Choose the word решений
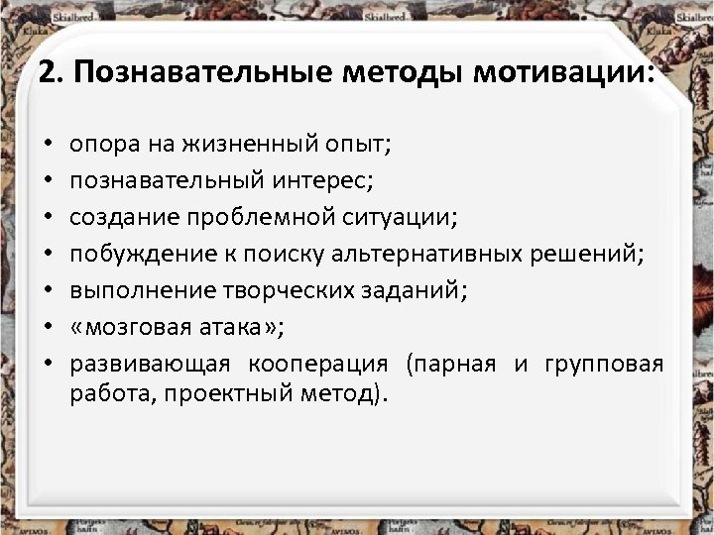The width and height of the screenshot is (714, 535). click(598, 255)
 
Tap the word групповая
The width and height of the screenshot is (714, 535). click(604, 364)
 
